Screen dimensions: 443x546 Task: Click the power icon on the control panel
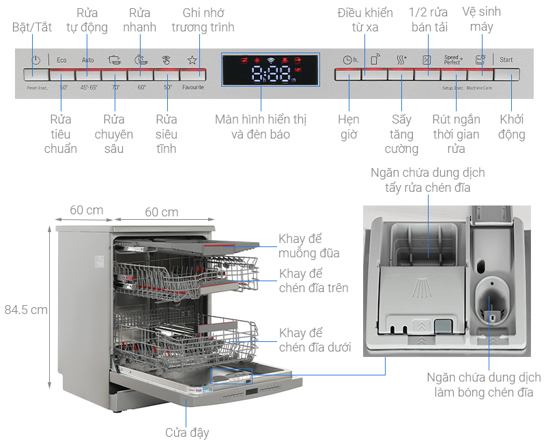coord(36,60)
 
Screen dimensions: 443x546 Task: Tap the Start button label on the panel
coord(506,60)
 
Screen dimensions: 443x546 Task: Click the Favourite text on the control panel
coord(192,87)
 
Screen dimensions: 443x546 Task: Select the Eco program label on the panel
coord(62,60)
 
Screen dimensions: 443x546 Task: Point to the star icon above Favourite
coord(192,60)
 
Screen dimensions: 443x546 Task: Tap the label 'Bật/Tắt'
coord(32,27)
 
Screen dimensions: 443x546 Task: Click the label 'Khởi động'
coord(511,127)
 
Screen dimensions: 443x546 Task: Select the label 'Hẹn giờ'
coord(348,127)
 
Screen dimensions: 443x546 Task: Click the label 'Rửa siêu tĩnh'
coord(166,134)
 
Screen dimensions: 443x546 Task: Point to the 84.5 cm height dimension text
coord(26,309)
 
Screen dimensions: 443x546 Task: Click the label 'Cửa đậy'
coord(187,432)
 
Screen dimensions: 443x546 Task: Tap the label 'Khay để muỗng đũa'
coord(308,246)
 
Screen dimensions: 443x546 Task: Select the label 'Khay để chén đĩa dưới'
coord(315,340)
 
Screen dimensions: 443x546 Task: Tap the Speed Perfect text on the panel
coord(452,60)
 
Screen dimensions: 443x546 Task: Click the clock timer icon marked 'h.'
coord(349,60)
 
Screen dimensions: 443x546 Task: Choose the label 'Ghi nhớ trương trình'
coord(203,20)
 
